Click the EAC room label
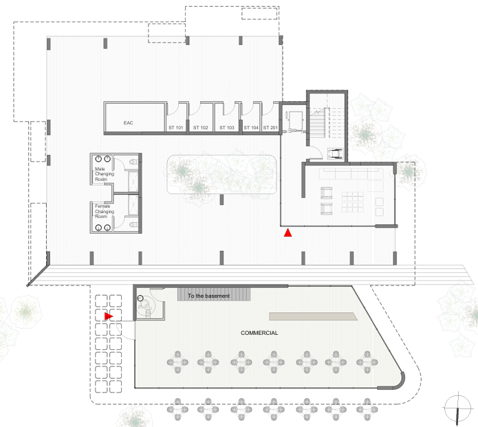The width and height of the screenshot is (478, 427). (128, 123)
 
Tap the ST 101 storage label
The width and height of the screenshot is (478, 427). (176, 128)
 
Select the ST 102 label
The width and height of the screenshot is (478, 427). (200, 128)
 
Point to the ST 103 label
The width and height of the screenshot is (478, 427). (227, 128)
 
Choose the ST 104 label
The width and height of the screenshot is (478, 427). (251, 128)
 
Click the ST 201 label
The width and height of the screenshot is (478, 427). (270, 128)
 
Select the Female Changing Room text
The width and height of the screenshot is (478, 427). (105, 210)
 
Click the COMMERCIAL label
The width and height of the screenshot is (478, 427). (259, 333)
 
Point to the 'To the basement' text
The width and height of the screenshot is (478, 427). (210, 296)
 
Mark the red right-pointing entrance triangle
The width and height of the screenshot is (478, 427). (109, 316)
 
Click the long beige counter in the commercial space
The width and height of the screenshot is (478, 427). (313, 316)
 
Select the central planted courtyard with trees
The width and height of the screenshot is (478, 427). (222, 176)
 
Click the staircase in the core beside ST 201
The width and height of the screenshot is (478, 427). (318, 124)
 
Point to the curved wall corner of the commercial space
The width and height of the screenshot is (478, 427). (400, 380)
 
